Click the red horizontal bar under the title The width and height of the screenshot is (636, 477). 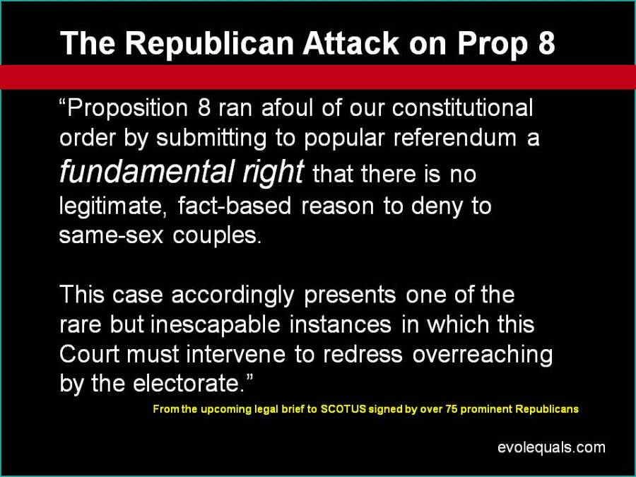318,76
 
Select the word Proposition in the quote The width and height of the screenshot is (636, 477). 127,109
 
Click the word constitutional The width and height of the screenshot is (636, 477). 462,108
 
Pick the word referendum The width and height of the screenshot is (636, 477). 454,138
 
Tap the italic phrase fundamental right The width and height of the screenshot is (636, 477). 182,172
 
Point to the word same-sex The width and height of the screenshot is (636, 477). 111,235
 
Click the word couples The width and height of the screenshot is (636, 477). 217,236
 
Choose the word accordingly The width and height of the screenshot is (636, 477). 232,295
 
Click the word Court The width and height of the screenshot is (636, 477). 89,354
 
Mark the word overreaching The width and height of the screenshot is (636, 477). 483,355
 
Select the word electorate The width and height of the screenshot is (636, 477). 189,383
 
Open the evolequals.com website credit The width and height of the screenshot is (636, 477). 551,448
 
